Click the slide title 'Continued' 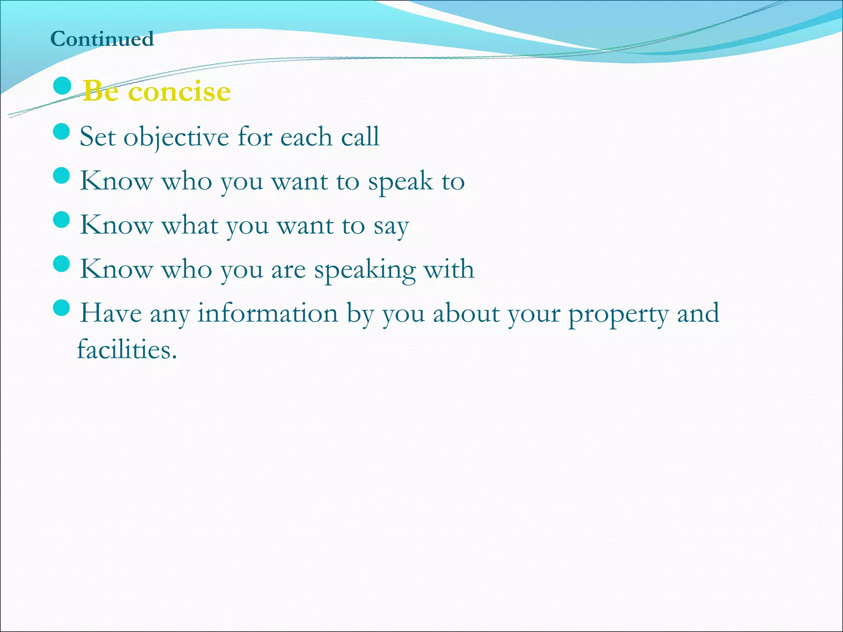click(102, 39)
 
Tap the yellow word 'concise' click(179, 91)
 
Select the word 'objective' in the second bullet click(176, 137)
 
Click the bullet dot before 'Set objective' click(62, 132)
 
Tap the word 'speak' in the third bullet click(400, 181)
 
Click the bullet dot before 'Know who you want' click(62, 176)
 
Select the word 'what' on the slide click(190, 225)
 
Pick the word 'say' click(391, 226)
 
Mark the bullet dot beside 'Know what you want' click(62, 220)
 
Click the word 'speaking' click(365, 270)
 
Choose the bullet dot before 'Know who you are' click(62, 264)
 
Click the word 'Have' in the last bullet click(111, 313)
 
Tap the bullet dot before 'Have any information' click(62, 308)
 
